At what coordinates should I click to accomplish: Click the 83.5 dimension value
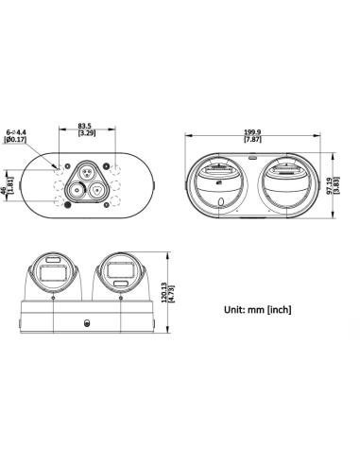87,126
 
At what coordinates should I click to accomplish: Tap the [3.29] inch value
87,133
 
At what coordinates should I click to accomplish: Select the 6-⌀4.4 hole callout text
16,132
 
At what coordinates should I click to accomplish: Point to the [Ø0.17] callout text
15,139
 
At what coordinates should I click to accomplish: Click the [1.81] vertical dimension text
9,185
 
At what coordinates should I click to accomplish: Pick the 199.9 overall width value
252,132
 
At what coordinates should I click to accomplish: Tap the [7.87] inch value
252,139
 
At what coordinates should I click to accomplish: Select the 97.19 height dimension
329,185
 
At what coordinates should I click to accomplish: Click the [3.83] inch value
335,185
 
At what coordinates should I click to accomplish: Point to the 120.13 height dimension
164,293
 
